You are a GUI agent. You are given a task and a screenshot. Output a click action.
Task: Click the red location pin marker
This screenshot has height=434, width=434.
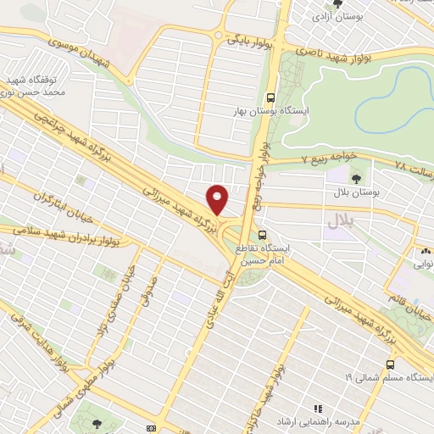tap(218, 199)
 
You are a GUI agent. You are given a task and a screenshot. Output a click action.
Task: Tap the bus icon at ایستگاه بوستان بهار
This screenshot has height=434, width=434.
tap(271, 97)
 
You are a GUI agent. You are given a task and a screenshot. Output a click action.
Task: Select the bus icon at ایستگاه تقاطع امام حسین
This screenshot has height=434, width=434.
tap(261, 234)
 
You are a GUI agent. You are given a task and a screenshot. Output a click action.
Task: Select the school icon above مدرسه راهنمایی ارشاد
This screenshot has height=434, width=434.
tap(319, 408)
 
